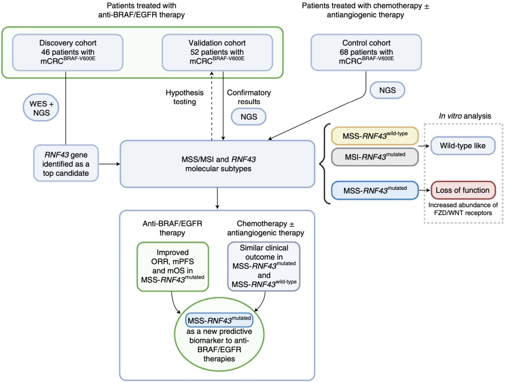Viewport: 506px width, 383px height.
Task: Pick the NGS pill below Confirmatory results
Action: click(248, 116)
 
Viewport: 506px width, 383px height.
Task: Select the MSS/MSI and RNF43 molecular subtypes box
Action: click(217, 163)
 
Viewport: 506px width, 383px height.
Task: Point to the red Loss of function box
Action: click(462, 190)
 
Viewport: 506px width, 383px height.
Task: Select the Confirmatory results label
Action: click(249, 97)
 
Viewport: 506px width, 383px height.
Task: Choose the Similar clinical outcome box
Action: click(263, 266)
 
